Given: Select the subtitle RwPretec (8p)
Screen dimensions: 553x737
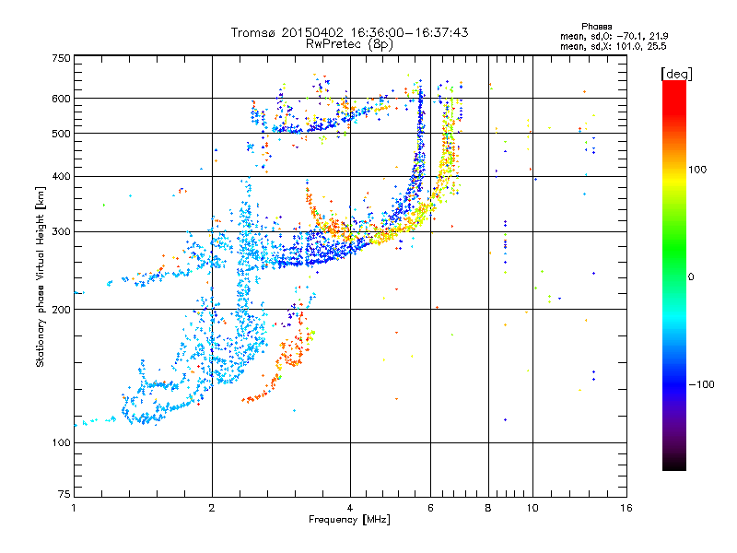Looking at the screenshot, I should click(x=349, y=43).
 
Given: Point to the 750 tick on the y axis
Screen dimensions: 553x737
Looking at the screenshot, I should click(x=60, y=57).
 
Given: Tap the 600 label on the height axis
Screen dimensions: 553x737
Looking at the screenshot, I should click(x=60, y=98).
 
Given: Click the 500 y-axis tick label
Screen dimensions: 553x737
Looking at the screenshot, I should click(x=60, y=134).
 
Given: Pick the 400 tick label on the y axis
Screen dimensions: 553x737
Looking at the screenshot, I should click(x=60, y=176).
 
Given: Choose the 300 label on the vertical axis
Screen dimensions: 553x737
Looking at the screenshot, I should click(x=60, y=231).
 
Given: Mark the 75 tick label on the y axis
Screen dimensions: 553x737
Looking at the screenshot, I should click(x=63, y=495).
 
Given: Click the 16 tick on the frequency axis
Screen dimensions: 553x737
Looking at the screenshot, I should click(x=626, y=508).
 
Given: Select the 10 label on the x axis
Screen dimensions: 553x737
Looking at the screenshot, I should click(x=532, y=508).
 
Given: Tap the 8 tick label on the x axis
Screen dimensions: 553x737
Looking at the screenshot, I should click(x=488, y=508).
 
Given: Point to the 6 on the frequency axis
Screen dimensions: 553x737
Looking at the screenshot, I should click(x=430, y=508).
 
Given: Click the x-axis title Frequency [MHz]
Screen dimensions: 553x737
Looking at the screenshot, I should click(x=349, y=520).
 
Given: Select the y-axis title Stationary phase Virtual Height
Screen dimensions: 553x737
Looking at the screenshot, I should click(x=41, y=276).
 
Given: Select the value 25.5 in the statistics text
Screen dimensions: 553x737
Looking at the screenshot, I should click(x=655, y=44).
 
